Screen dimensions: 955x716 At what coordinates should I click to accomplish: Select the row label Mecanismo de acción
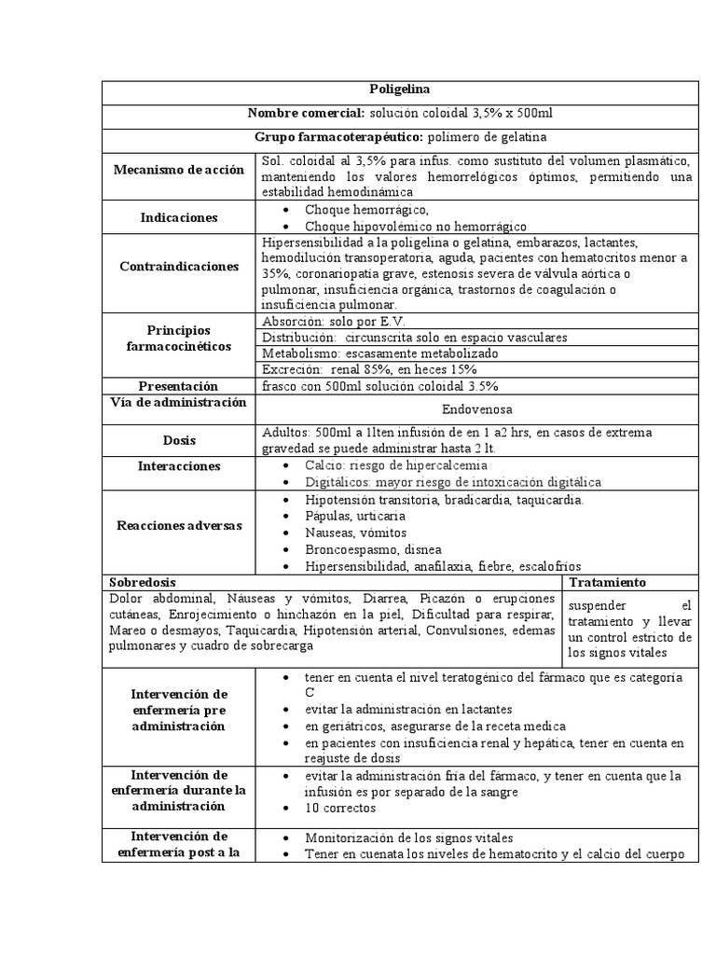tap(178, 170)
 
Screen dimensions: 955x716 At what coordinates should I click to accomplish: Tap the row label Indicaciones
tap(178, 217)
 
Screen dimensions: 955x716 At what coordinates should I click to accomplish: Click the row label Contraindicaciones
tap(179, 266)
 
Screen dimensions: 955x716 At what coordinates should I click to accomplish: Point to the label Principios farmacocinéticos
tap(179, 339)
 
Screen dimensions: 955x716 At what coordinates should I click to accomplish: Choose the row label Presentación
tap(178, 386)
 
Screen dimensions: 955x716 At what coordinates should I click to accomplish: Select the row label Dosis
tap(178, 440)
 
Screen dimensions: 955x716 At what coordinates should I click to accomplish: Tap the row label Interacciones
tap(178, 465)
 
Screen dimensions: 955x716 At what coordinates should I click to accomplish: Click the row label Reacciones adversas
tap(179, 525)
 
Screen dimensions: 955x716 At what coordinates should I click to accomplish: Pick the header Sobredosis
tap(143, 581)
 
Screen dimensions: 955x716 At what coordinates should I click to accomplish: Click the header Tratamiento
tap(607, 581)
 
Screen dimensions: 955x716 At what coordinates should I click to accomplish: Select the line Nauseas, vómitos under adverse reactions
tap(354, 533)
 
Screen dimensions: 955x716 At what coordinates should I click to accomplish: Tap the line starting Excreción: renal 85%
tap(363, 369)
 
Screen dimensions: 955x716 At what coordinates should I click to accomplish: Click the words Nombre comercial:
tap(306, 113)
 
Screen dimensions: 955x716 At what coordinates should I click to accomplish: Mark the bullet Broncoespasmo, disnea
tap(373, 549)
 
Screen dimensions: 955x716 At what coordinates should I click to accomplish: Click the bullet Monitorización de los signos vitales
tap(408, 837)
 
